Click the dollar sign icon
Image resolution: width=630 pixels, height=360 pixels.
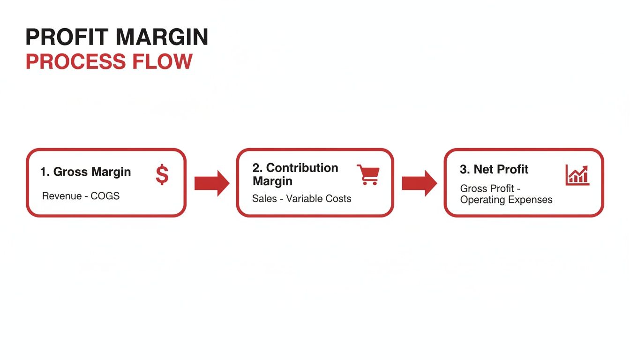(x=162, y=175)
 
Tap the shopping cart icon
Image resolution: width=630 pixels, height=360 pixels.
(x=368, y=174)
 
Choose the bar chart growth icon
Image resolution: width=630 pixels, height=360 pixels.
(x=577, y=175)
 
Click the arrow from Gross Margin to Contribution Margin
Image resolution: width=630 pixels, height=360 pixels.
(x=212, y=183)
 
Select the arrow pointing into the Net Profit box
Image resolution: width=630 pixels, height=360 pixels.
(x=419, y=183)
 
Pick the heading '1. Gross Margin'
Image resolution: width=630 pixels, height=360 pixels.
(x=85, y=172)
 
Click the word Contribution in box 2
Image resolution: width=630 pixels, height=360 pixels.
(x=302, y=168)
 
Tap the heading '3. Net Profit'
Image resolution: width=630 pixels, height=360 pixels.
(x=494, y=169)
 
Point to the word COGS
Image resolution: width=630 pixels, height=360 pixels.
(x=105, y=196)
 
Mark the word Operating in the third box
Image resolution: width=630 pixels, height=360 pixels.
(x=480, y=200)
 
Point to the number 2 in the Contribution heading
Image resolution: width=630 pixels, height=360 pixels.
(x=256, y=168)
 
